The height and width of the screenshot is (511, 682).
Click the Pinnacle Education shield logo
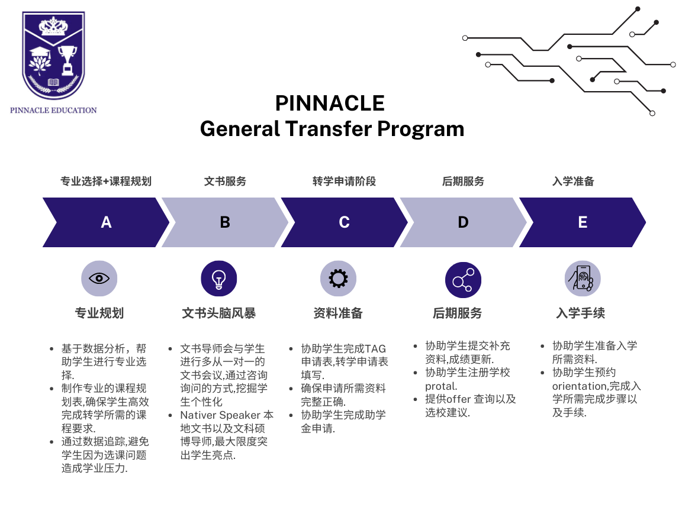pyautogui.click(x=53, y=56)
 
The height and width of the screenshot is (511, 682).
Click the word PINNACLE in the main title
pyautogui.click(x=330, y=104)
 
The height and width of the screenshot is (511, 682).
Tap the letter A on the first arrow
pyautogui.click(x=106, y=222)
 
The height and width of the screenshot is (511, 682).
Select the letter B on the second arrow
pyautogui.click(x=225, y=222)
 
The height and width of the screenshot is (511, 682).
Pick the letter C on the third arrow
pyautogui.click(x=344, y=222)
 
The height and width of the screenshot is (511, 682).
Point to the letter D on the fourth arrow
pyautogui.click(x=463, y=222)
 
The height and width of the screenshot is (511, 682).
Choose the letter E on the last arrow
pyautogui.click(x=583, y=222)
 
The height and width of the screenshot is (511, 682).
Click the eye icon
pyautogui.click(x=99, y=278)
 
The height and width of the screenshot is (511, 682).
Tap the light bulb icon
pyautogui.click(x=219, y=279)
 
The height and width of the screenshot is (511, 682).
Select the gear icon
pyautogui.click(x=338, y=279)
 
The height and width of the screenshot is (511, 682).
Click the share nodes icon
pyautogui.click(x=463, y=280)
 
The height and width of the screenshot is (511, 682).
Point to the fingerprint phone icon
pyautogui.click(x=583, y=278)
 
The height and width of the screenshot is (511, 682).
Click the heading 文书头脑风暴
pyautogui.click(x=219, y=313)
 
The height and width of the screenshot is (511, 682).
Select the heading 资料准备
pyautogui.click(x=338, y=313)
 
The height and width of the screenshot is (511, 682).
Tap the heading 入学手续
pyautogui.click(x=580, y=313)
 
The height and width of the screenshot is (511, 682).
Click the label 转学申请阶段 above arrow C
pyautogui.click(x=344, y=181)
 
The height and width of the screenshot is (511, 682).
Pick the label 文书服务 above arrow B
pyautogui.click(x=225, y=181)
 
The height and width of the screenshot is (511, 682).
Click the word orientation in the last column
pyautogui.click(x=578, y=386)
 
